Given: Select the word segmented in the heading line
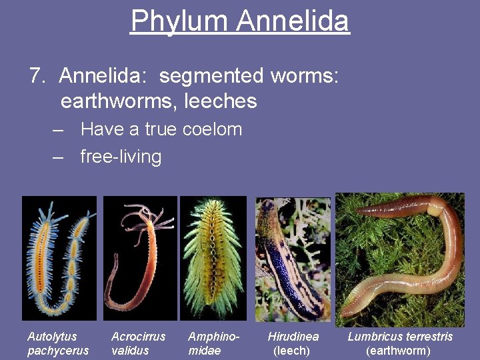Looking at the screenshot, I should (x=211, y=76).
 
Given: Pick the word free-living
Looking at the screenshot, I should (x=121, y=157).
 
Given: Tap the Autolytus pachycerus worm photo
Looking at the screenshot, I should (x=59, y=258).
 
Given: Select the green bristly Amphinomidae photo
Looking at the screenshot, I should (x=213, y=258).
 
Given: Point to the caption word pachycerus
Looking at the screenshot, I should (x=58, y=351).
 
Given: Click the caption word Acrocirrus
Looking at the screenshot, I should (x=138, y=337).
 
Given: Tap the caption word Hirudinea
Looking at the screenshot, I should (x=293, y=337).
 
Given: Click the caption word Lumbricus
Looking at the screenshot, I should (x=375, y=337).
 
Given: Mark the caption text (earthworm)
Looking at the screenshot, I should (x=399, y=351).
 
